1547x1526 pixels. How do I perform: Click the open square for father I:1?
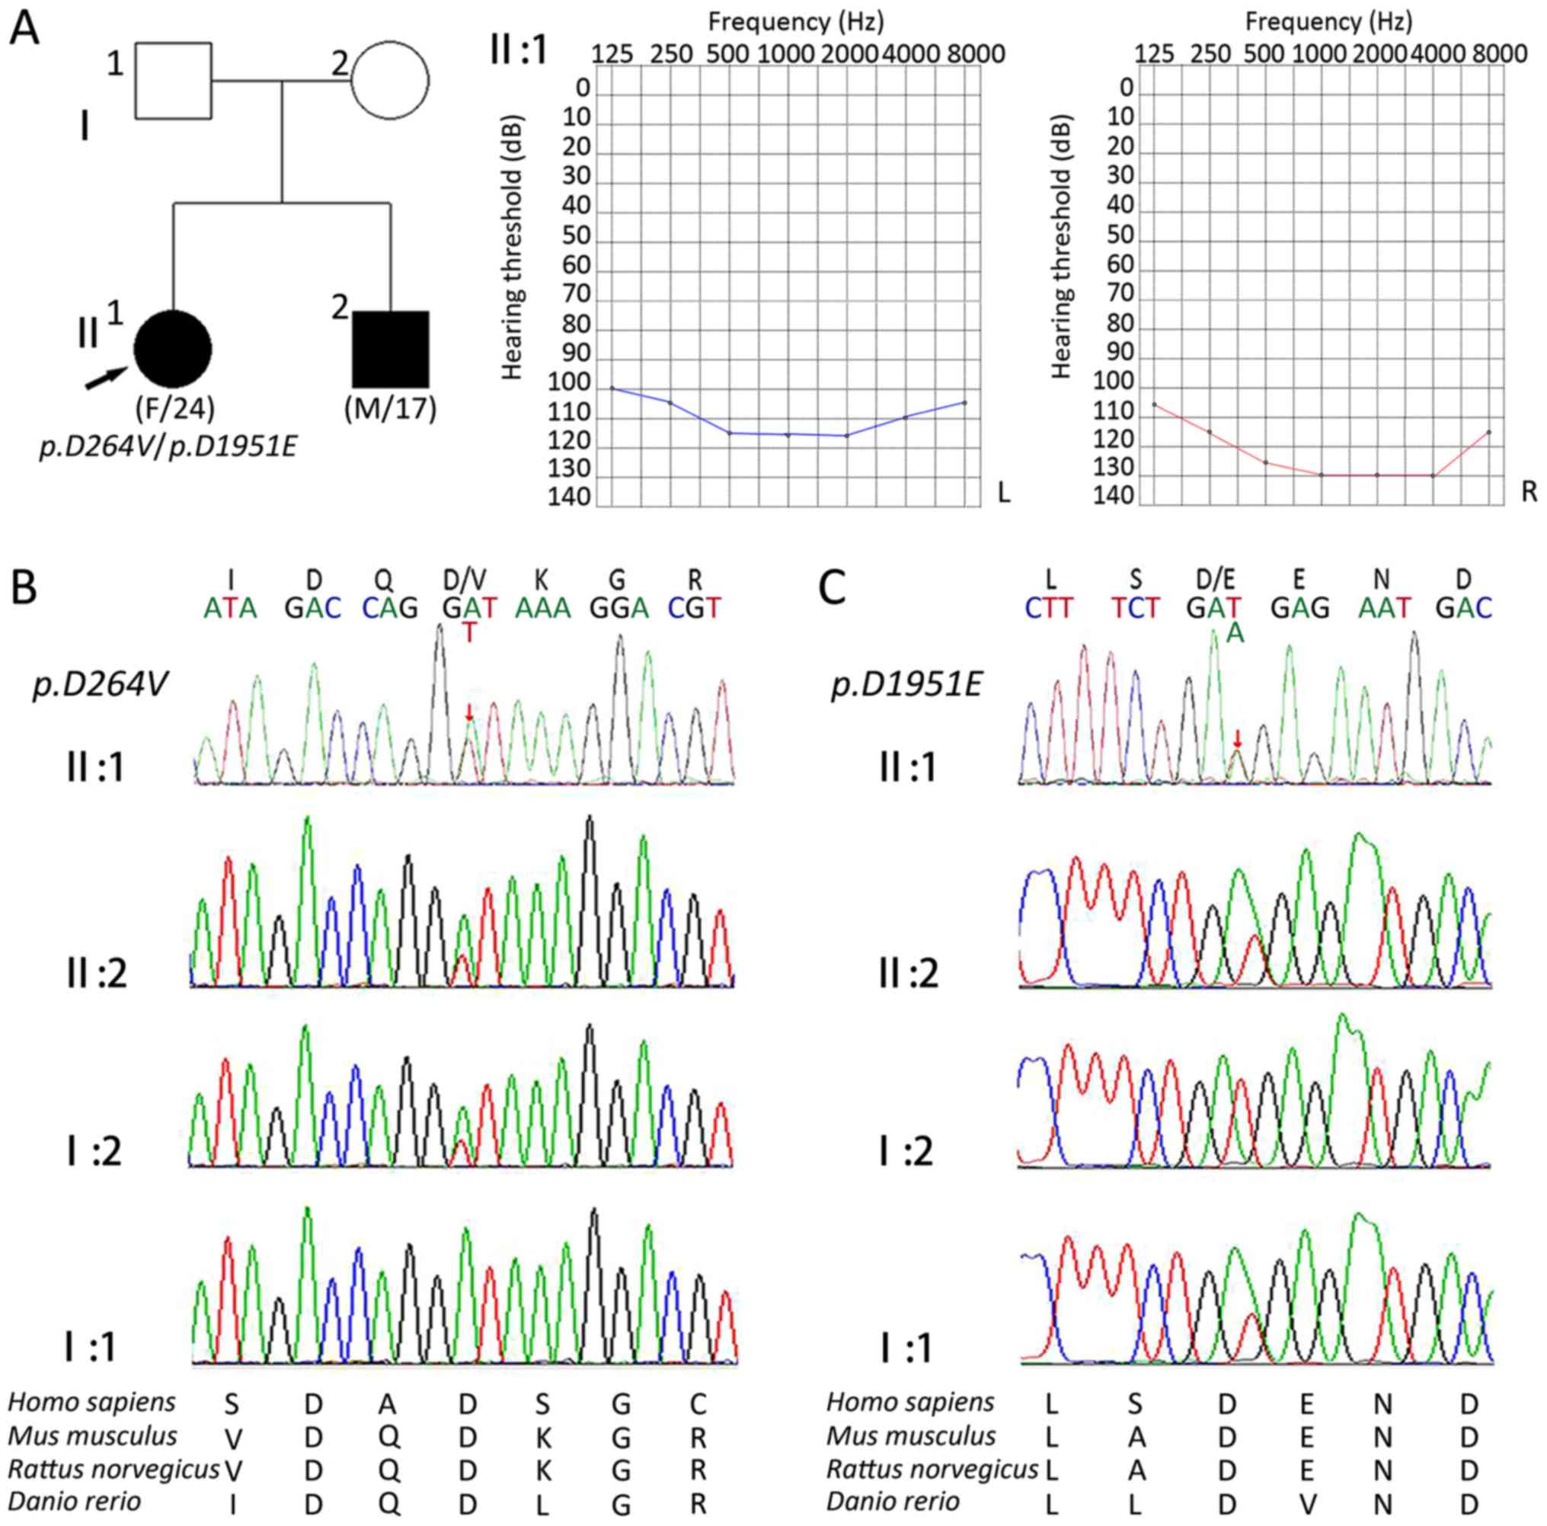(x=173, y=80)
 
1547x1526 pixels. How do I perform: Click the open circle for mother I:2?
(x=390, y=80)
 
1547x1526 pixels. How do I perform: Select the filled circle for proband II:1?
(x=173, y=349)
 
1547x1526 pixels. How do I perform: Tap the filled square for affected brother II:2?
(x=391, y=349)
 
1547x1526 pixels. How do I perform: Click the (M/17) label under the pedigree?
(x=390, y=409)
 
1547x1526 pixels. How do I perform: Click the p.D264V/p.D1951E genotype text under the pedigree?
(x=168, y=446)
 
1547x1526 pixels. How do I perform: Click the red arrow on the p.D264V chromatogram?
(x=469, y=712)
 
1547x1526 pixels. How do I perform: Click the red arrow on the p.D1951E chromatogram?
(x=1237, y=737)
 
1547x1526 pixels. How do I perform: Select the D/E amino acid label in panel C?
(x=1214, y=579)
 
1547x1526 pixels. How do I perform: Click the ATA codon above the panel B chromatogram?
(x=231, y=609)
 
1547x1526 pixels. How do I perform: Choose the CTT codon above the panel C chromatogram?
(x=1050, y=609)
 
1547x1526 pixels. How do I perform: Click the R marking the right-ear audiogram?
(x=1529, y=493)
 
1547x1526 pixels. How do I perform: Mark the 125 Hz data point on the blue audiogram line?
(x=612, y=388)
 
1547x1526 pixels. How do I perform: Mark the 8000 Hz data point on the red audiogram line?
(x=1488, y=433)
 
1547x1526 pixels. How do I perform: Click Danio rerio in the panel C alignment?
(x=892, y=1500)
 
